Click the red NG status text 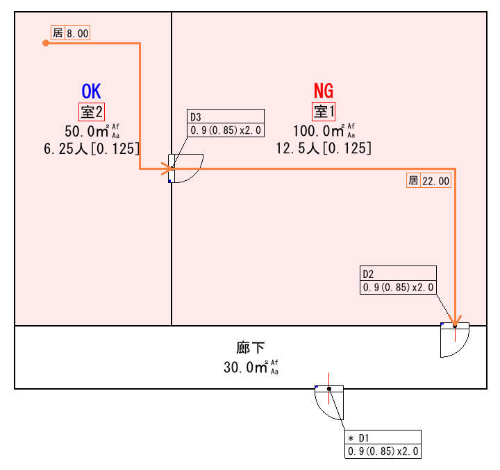pyautogui.click(x=324, y=91)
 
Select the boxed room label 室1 pyautogui.click(x=324, y=111)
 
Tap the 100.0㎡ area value pyautogui.click(x=317, y=132)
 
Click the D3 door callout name pyautogui.click(x=195, y=116)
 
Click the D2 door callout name pyautogui.click(x=367, y=273)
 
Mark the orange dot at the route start pyautogui.click(x=46, y=43)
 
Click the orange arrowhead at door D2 pyautogui.click(x=455, y=320)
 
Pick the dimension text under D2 pyautogui.click(x=398, y=287)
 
